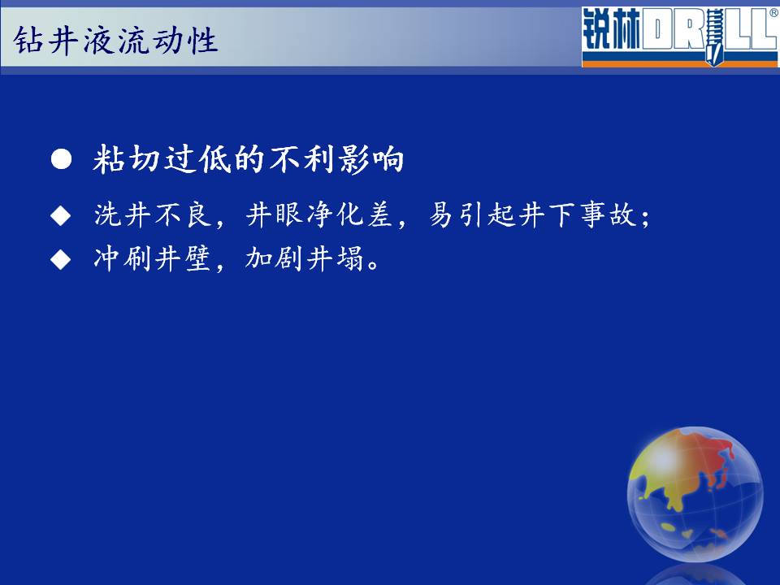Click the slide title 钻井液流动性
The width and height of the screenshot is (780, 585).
tap(115, 40)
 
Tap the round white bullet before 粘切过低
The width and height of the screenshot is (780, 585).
tap(61, 159)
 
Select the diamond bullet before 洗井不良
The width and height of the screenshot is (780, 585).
tap(61, 215)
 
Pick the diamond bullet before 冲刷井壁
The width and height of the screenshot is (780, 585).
tap(61, 259)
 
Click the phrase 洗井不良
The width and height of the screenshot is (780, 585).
tap(153, 214)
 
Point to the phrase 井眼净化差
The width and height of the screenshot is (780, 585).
tap(319, 214)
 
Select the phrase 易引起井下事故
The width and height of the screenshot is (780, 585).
tap(533, 214)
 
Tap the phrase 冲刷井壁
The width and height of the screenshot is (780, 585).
tap(152, 258)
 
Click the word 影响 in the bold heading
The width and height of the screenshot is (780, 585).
tap(370, 159)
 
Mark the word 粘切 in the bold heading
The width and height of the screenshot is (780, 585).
tap(126, 159)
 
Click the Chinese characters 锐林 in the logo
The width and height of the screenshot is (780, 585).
tap(611, 29)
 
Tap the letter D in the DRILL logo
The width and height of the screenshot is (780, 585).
tap(656, 31)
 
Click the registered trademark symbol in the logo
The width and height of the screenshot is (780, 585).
tap(774, 14)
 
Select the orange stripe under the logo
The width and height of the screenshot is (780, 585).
tap(679, 63)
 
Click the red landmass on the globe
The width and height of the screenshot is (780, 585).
tap(713, 455)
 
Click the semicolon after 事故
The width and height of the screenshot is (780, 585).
tap(645, 219)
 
